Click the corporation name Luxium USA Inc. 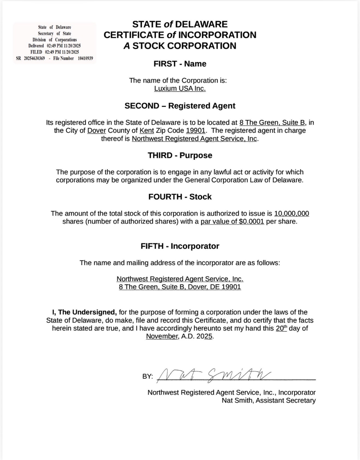(x=180, y=89)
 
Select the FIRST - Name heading (x=180, y=64)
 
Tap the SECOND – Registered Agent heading (x=180, y=106)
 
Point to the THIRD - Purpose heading (x=180, y=156)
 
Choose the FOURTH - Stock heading (x=180, y=197)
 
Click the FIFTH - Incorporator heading (x=180, y=246)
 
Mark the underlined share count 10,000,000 (x=292, y=213)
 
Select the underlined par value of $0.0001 (x=232, y=222)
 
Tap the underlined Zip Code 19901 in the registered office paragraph (x=196, y=130)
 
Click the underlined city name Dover (x=97, y=130)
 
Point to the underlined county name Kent (x=147, y=130)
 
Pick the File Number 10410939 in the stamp (x=85, y=58)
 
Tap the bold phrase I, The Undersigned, (x=85, y=312)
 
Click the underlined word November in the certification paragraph (x=162, y=336)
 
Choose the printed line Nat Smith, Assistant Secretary (x=269, y=401)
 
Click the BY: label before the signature (x=148, y=377)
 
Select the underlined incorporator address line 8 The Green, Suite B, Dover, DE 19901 (x=180, y=287)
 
